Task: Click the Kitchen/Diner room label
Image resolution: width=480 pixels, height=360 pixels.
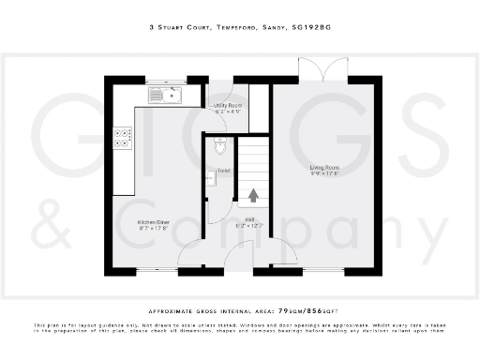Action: pos(126,222)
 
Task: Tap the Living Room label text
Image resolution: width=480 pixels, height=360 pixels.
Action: pos(325,168)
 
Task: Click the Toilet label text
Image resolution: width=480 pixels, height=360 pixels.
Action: pos(224,172)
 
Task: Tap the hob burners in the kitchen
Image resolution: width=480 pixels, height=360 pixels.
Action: pos(122,139)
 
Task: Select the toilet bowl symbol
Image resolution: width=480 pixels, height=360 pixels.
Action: pos(219,145)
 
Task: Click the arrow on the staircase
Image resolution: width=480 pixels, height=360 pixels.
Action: pos(253,196)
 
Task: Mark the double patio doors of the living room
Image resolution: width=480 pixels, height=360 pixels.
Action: pos(318,73)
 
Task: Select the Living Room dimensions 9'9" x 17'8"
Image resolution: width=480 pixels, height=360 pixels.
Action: pos(325,174)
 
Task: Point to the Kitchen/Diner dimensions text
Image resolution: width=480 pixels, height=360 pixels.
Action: pos(126,229)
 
